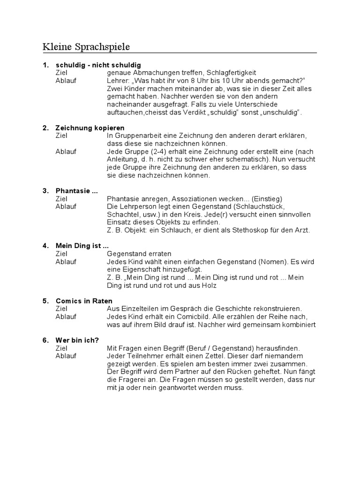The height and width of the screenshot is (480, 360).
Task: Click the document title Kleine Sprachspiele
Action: tap(86, 47)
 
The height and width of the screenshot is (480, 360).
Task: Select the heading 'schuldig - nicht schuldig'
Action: tap(98, 65)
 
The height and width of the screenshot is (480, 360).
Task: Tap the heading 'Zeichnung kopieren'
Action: tap(90, 128)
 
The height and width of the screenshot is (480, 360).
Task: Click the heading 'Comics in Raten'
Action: tap(84, 301)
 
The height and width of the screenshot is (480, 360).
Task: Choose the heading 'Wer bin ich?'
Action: tap(77, 341)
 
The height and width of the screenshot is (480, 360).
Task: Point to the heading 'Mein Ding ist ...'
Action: tap(82, 246)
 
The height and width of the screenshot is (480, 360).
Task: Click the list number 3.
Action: tap(45, 191)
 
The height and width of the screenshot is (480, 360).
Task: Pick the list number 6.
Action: tap(45, 341)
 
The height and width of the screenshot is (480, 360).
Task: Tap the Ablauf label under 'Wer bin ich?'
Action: tap(66, 356)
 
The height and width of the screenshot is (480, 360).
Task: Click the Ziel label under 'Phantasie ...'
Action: tap(61, 199)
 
